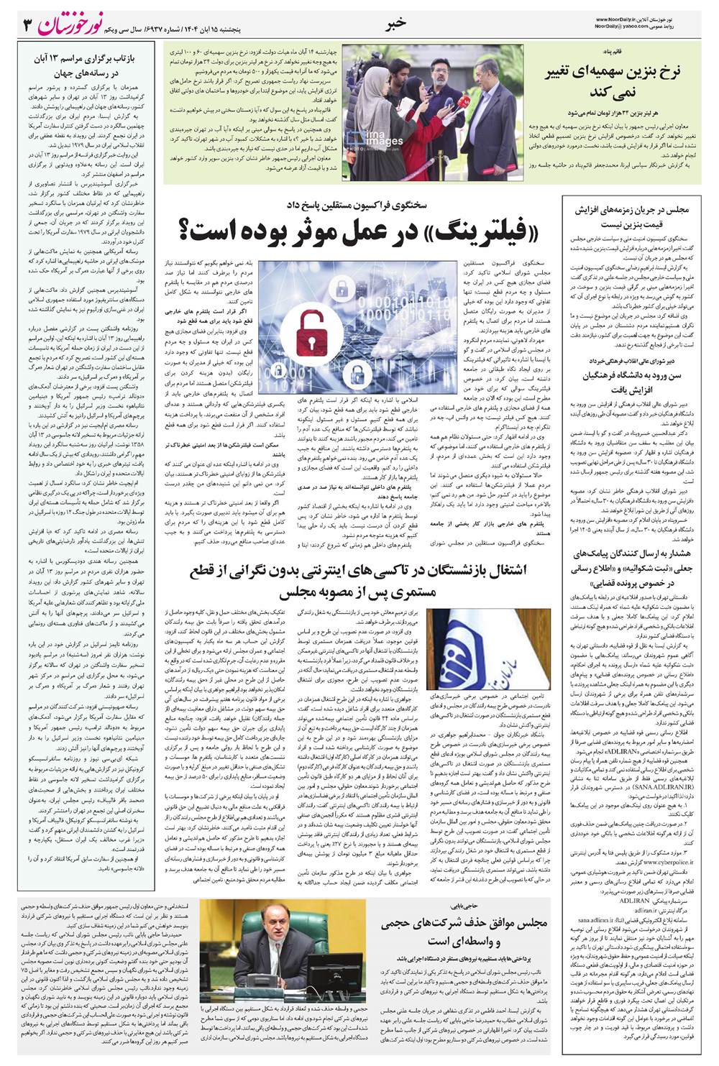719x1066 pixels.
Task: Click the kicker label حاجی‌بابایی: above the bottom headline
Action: click(530, 906)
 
